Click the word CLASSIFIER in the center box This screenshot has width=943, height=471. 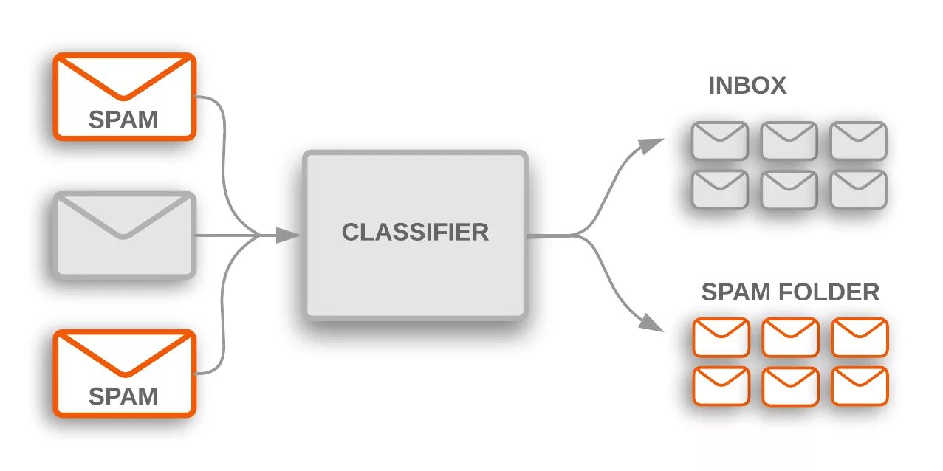pos(415,232)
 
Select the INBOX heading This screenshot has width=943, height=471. pos(747,86)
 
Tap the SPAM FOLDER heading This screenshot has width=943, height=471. pos(790,292)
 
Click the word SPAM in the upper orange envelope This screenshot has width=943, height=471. pos(123,119)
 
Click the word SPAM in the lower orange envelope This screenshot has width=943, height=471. pos(123,396)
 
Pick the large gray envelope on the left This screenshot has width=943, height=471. pos(124,235)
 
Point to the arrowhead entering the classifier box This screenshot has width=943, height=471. pos(288,235)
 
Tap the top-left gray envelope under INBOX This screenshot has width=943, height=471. pos(720,140)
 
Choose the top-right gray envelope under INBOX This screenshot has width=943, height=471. pos(858,140)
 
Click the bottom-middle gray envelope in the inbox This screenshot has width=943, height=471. pos(789,190)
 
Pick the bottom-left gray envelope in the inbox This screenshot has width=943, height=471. pos(720,190)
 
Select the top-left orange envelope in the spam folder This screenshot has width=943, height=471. pos(721,337)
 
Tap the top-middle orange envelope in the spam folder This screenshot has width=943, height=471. pos(790,337)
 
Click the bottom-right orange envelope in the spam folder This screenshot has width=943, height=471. pos(860,386)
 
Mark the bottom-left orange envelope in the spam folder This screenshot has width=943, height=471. pos(721,386)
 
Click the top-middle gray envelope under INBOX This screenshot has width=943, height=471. pos(789,140)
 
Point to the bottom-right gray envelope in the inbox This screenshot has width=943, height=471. pos(858,190)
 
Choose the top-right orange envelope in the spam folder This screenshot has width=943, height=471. pos(860,337)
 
